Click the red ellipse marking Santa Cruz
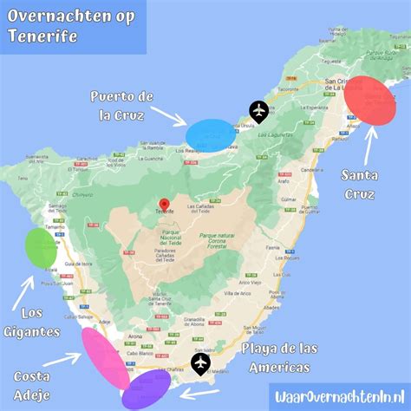tap(375, 100)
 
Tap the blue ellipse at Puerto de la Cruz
tap(211, 134)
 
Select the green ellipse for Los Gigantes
tap(41, 247)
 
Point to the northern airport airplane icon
tap(259, 110)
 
